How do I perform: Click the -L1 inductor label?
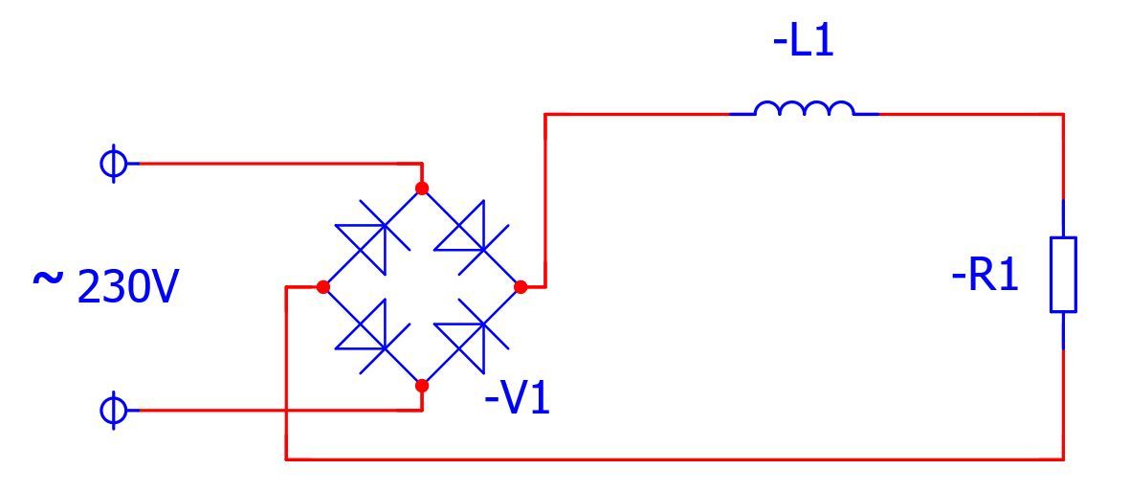pyautogui.click(x=803, y=42)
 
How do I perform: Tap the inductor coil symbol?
pyautogui.click(x=804, y=108)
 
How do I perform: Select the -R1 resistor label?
pyautogui.click(x=986, y=277)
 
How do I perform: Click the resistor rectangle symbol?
pyautogui.click(x=1063, y=274)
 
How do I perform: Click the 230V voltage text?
pyautogui.click(x=126, y=288)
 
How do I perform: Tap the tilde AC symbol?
pyautogui.click(x=47, y=279)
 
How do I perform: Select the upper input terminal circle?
pyautogui.click(x=112, y=164)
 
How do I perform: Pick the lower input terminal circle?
pyautogui.click(x=112, y=411)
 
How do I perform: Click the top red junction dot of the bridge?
pyautogui.click(x=422, y=189)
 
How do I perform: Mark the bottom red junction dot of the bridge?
pyautogui.click(x=422, y=386)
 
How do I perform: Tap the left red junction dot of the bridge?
pyautogui.click(x=322, y=287)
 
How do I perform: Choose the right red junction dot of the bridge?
pyautogui.click(x=521, y=287)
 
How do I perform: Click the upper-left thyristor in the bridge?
pyautogui.click(x=372, y=237)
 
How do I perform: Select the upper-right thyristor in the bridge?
pyautogui.click(x=472, y=237)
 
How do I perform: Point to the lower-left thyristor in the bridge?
pyautogui.click(x=372, y=337)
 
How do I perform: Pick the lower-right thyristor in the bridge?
pyautogui.click(x=472, y=337)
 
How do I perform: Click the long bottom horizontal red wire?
pyautogui.click(x=675, y=458)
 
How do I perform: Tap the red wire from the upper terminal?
pyautogui.click(x=279, y=164)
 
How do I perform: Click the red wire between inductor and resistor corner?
pyautogui.click(x=971, y=114)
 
